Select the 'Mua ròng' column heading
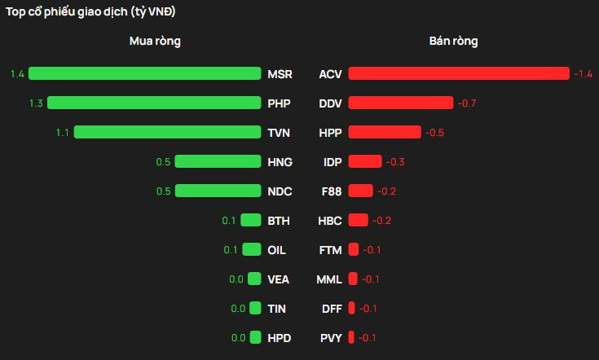(x=155, y=41)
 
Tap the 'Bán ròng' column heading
(x=454, y=41)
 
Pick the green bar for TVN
(x=167, y=132)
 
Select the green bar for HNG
(x=218, y=161)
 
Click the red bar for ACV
(x=458, y=74)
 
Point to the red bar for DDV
(x=400, y=103)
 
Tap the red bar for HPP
(x=385, y=132)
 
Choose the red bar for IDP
(x=364, y=161)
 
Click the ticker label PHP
(x=279, y=103)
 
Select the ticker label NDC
(x=279, y=191)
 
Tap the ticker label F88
(x=330, y=191)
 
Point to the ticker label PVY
(x=330, y=337)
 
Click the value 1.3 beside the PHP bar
(x=35, y=103)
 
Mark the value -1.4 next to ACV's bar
(x=582, y=74)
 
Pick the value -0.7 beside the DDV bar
(x=467, y=103)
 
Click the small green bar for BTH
(x=251, y=220)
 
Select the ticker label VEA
(x=279, y=279)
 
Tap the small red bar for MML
(x=353, y=279)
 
